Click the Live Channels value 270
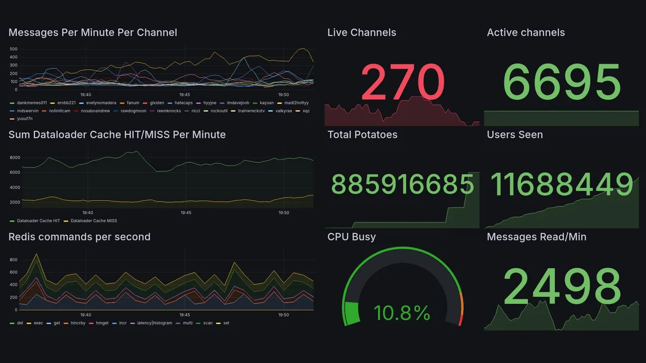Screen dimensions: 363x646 (403, 82)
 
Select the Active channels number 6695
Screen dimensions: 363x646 (562, 82)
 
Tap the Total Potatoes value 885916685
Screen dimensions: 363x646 (402, 185)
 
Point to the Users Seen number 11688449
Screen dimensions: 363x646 (562, 185)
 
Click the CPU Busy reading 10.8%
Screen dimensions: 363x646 (402, 313)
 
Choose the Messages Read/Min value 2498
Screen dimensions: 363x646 (562, 286)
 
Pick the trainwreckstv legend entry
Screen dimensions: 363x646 (251, 111)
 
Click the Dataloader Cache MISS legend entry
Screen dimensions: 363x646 (92, 221)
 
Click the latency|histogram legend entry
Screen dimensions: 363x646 (154, 323)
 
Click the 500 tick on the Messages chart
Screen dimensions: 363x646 (14, 49)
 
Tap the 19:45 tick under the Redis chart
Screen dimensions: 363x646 (185, 315)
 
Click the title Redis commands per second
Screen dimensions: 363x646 (79, 237)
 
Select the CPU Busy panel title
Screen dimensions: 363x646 (351, 237)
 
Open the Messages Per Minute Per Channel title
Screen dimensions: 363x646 (93, 33)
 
